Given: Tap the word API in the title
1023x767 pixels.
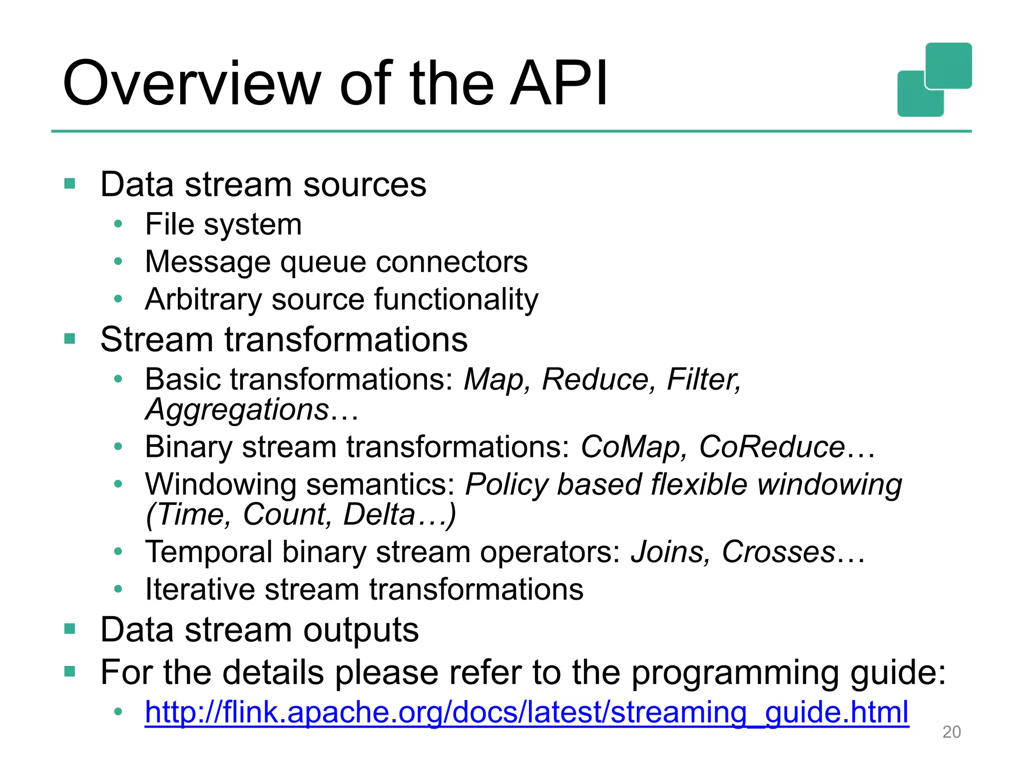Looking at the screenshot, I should (558, 84).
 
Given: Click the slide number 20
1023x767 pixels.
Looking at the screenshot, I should (951, 732).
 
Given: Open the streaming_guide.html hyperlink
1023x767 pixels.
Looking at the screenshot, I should (526, 712).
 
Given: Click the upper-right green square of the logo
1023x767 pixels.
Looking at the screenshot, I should (948, 65).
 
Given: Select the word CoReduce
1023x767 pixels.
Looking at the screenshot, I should (772, 446).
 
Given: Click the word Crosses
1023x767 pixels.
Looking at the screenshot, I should (778, 552).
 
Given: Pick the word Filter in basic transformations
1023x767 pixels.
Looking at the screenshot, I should (703, 380).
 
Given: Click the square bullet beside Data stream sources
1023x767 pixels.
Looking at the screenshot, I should (69, 184).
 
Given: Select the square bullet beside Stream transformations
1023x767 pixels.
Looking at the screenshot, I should (69, 339).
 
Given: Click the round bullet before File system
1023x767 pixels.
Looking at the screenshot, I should (118, 224).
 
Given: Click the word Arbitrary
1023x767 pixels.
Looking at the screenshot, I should (203, 300).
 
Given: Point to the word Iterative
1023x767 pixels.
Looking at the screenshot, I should (199, 589).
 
